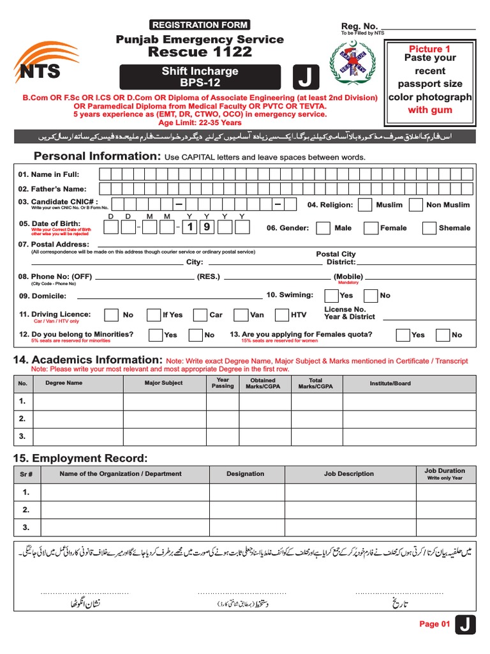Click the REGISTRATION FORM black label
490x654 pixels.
point(199,25)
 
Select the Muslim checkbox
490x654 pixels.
point(365,205)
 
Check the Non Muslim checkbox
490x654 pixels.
point(416,205)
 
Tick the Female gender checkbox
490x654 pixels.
point(371,228)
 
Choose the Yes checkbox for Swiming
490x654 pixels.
point(331,296)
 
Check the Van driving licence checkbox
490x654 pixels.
point(241,315)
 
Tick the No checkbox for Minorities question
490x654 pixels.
point(195,335)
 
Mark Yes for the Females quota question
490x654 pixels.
point(403,335)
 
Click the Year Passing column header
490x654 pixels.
point(223,383)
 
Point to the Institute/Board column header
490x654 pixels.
point(390,383)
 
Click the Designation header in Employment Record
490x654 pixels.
point(245,474)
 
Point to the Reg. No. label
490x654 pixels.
point(359,26)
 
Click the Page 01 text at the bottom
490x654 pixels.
point(434,625)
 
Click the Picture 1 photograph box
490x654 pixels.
point(429,80)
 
